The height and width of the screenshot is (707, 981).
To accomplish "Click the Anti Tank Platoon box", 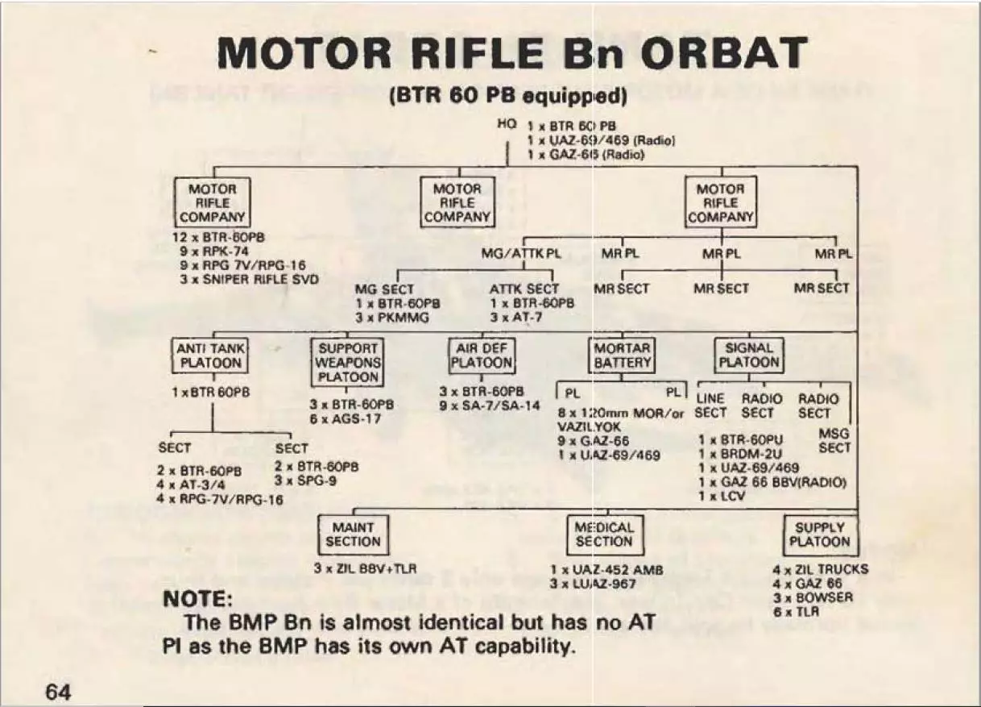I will pyautogui.click(x=209, y=356).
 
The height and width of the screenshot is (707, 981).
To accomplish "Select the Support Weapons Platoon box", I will pyautogui.click(x=347, y=363).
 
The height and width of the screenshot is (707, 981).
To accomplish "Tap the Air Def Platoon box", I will pyautogui.click(x=481, y=356).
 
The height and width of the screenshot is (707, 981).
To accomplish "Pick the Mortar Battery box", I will pyautogui.click(x=622, y=356).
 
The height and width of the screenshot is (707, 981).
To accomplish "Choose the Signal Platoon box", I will pyautogui.click(x=748, y=356).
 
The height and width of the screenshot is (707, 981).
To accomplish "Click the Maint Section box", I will pyautogui.click(x=353, y=534).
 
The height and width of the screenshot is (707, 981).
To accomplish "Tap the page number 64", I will pyautogui.click(x=58, y=691).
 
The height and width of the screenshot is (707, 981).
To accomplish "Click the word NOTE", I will pyautogui.click(x=197, y=600).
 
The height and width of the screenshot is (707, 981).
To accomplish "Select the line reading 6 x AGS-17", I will pyautogui.click(x=345, y=419).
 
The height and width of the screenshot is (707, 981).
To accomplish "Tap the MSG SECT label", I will pyautogui.click(x=834, y=441).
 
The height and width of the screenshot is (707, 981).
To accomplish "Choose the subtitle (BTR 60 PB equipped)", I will pyautogui.click(x=508, y=97).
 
